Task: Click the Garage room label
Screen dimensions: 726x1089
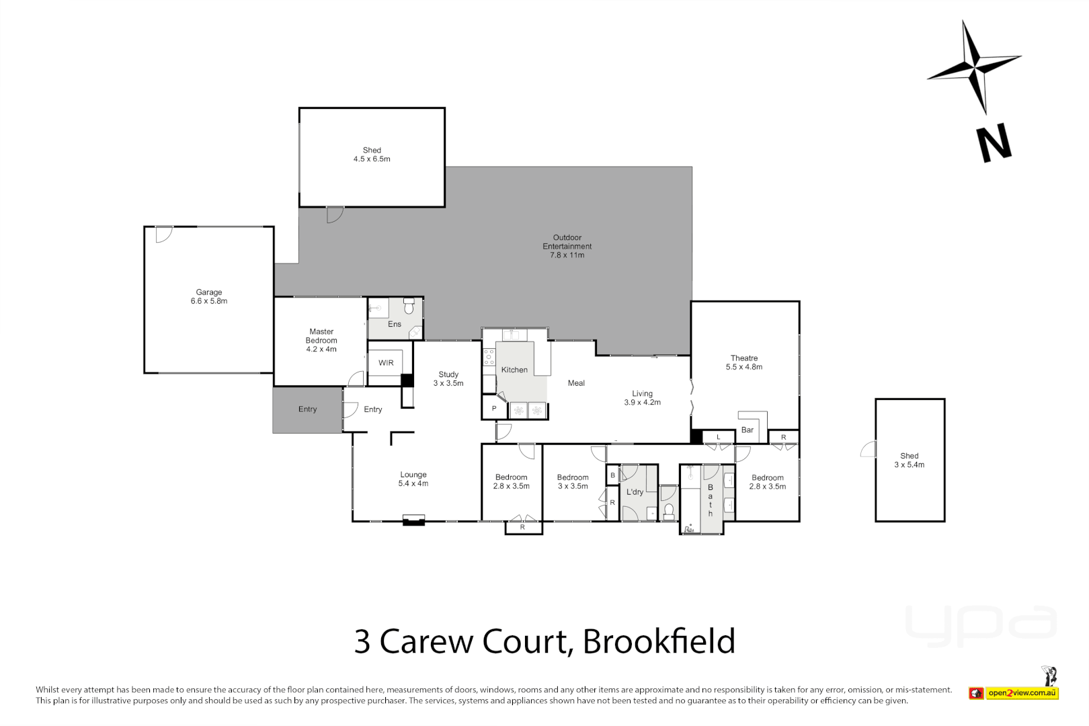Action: pos(208,296)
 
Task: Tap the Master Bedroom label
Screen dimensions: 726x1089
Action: pos(321,340)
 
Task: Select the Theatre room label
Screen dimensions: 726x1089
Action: pos(744,362)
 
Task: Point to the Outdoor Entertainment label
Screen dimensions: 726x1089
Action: pos(567,246)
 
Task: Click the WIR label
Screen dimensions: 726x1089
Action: pos(386,363)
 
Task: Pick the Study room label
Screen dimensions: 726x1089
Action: pos(448,378)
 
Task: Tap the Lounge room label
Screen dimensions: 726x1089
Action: pos(413,479)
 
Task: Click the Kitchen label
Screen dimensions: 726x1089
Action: pos(514,370)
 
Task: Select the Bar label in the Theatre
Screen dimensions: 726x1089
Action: pos(747,430)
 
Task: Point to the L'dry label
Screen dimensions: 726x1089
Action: pos(635,492)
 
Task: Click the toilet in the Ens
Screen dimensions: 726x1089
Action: pos(408,307)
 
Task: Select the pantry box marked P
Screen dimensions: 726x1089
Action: pos(494,409)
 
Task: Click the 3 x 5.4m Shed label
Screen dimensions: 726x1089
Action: pos(909,460)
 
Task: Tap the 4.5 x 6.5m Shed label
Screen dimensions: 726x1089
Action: pos(372,155)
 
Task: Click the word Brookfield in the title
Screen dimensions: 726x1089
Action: pos(659,641)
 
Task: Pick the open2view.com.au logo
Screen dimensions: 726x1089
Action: pos(1021,693)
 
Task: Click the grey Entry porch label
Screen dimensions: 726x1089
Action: pos(307,409)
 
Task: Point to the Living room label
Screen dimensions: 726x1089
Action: pos(642,398)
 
